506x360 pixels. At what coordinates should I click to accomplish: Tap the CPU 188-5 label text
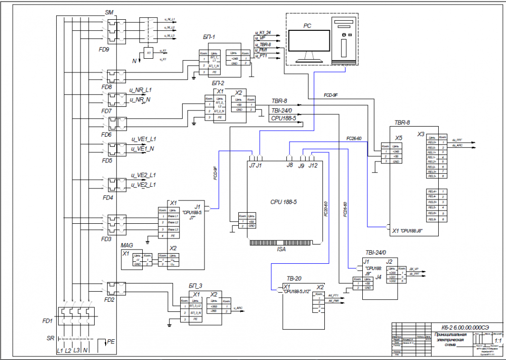click(x=283, y=202)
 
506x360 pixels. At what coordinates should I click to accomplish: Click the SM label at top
click(x=109, y=11)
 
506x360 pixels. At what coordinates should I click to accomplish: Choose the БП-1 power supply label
click(x=209, y=37)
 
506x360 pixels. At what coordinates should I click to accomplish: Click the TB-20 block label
click(x=294, y=278)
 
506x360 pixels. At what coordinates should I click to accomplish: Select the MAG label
click(x=126, y=245)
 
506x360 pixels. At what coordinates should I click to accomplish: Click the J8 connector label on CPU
click(x=289, y=165)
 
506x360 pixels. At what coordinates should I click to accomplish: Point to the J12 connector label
click(x=313, y=165)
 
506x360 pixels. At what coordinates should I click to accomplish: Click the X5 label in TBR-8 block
click(x=399, y=138)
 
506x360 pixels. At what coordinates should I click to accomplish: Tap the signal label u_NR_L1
click(x=141, y=90)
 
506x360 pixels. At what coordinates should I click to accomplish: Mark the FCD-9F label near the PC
click(x=330, y=95)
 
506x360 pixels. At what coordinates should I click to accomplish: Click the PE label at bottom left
click(x=111, y=342)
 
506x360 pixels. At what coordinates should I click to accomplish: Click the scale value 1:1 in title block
click(x=498, y=341)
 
